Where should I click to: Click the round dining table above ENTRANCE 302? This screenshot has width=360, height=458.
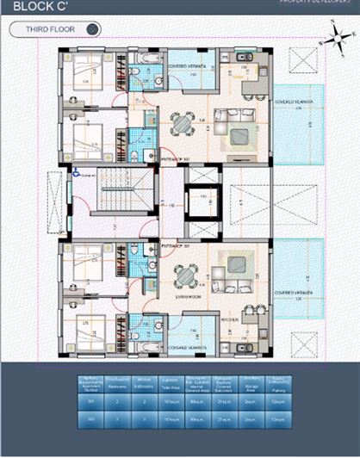point(183,275)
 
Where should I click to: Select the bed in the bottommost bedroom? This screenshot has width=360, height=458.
point(88,331)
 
